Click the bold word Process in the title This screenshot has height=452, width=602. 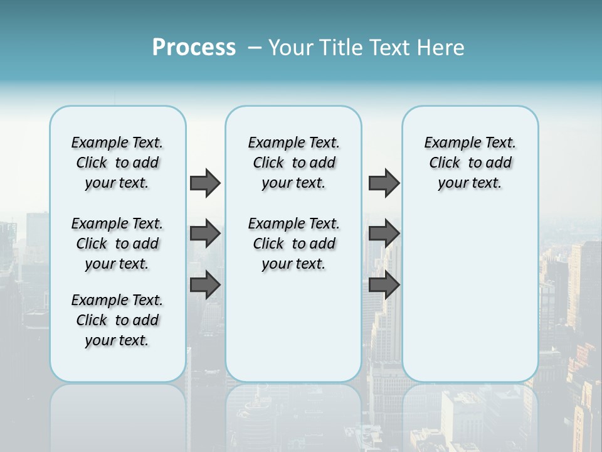coord(194,48)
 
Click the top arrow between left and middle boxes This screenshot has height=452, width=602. coord(205,183)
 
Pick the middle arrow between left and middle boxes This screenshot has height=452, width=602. coord(205,234)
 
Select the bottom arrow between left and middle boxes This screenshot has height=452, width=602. coord(205,284)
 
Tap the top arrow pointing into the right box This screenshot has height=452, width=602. coord(384,183)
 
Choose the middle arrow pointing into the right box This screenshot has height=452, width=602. coord(384,234)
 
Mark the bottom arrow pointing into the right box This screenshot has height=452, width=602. coord(384,284)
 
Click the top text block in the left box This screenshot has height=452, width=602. coord(117,163)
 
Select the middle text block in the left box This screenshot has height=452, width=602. coord(117,244)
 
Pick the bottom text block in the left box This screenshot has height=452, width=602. coord(117,320)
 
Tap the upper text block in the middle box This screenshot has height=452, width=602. coord(293,163)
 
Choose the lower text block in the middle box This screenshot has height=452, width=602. coord(293,244)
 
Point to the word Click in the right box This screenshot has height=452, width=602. coord(445,163)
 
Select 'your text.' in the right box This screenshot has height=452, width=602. coord(470,183)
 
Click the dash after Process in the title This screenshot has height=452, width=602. coord(255,48)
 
